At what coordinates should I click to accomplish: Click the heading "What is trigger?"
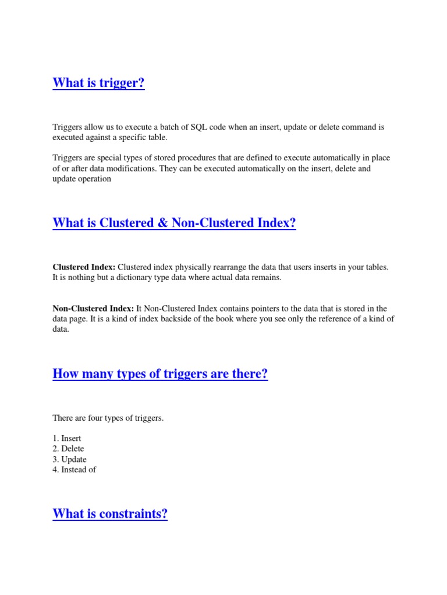98,83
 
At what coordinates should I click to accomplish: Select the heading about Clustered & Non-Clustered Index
174,223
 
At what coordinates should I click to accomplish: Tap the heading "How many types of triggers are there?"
160,374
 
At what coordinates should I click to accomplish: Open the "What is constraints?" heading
110,514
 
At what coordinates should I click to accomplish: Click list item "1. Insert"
67,438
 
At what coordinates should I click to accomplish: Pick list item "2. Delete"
68,449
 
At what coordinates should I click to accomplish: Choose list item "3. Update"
69,459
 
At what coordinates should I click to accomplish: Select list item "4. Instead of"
74,469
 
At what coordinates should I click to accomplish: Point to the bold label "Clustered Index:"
84,267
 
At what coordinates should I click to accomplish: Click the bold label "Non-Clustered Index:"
94,309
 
